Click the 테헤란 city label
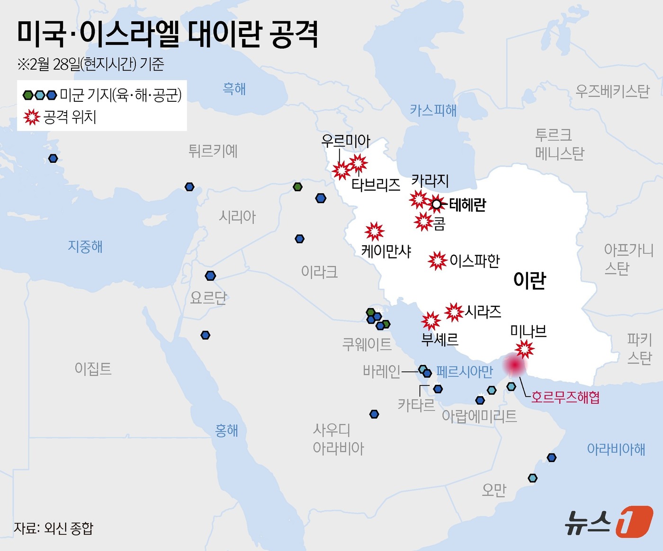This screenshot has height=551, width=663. (467, 204)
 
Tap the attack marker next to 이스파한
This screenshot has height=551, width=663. (437, 260)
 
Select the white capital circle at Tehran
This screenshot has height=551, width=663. (437, 204)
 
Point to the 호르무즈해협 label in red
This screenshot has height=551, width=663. (565, 397)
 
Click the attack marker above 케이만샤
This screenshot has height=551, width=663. (375, 231)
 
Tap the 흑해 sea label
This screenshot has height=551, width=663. (234, 89)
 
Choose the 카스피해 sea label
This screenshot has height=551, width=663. (433, 110)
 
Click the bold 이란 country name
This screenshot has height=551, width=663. (529, 280)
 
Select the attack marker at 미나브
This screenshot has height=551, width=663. (525, 349)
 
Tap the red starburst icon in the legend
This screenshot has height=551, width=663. (32, 116)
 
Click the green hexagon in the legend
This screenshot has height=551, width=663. (28, 95)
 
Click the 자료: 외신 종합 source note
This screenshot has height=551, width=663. (54, 528)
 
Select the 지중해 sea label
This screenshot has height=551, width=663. (85, 246)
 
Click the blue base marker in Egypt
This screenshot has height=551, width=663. (205, 335)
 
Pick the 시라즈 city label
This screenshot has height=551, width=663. (483, 311)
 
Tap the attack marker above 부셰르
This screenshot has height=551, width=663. (431, 321)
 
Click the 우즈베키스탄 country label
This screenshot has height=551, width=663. (612, 91)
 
